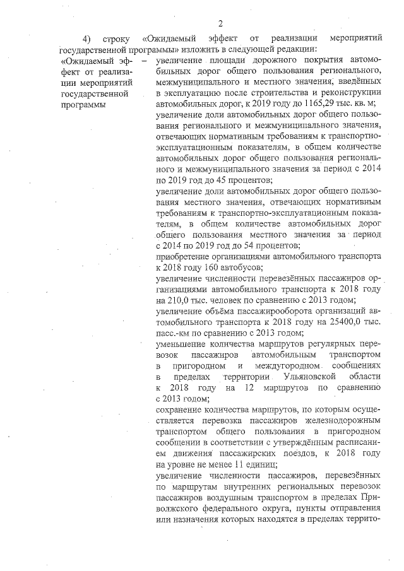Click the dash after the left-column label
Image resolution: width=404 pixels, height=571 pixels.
(x=144, y=61)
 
